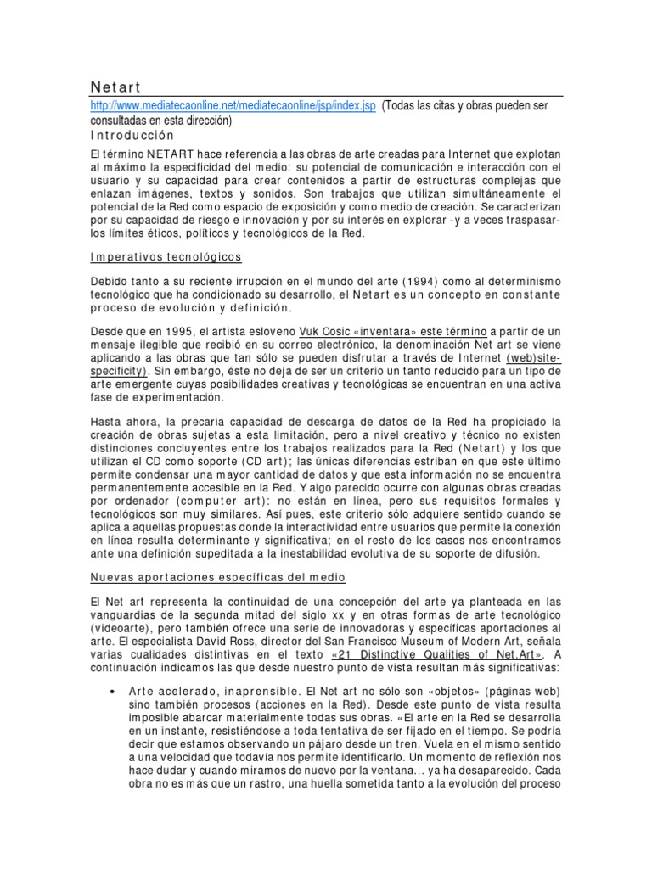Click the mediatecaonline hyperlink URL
click(x=233, y=105)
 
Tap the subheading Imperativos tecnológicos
click(x=166, y=256)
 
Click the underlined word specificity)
click(x=120, y=371)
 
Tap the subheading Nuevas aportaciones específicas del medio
click(x=218, y=577)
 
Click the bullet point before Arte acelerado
click(x=113, y=691)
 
